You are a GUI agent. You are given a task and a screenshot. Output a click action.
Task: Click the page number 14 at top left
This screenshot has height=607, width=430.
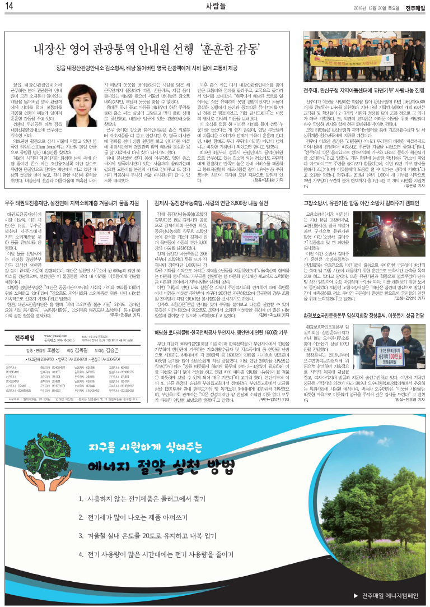coord(10,6)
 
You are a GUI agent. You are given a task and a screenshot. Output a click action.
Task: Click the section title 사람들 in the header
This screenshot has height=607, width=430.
coord(214,6)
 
